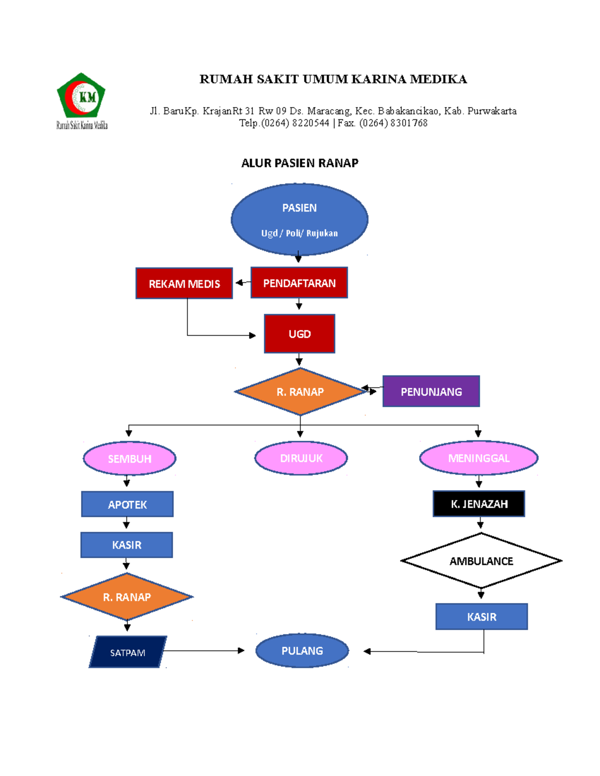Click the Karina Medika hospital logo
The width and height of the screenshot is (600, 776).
click(x=81, y=100)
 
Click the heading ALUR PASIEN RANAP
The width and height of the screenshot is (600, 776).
click(x=299, y=163)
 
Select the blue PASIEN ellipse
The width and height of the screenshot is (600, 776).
click(x=299, y=219)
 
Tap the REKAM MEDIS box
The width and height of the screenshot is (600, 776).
click(x=184, y=283)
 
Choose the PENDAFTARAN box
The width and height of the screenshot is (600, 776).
click(x=299, y=283)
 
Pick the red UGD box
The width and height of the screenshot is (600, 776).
click(x=299, y=334)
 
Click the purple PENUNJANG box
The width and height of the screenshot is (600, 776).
click(x=431, y=391)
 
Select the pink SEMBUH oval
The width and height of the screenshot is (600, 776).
click(x=129, y=458)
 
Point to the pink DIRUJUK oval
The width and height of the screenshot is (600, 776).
click(x=301, y=458)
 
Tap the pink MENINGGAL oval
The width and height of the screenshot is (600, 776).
click(x=478, y=458)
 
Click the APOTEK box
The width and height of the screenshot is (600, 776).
click(x=127, y=504)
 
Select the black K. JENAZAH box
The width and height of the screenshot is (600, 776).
click(x=479, y=504)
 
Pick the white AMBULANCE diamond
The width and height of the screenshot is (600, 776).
click(x=481, y=561)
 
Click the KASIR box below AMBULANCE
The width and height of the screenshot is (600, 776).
click(x=481, y=617)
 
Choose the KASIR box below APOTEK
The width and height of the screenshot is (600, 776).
click(x=126, y=545)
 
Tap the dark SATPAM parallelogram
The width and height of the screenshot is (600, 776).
click(x=127, y=652)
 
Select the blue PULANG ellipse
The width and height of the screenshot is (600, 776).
click(x=302, y=651)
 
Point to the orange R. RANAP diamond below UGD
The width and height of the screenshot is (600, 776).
click(x=300, y=392)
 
